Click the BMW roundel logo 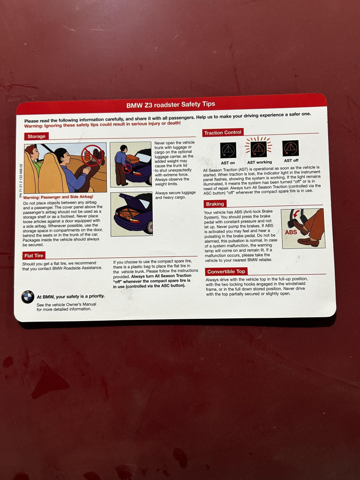[28, 297]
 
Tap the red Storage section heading [37, 136]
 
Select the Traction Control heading [223, 133]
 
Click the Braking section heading [215, 204]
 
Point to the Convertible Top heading [226, 271]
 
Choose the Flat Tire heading [34, 255]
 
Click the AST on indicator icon [228, 150]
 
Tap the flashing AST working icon [259, 149]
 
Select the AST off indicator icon [291, 148]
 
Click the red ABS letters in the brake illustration [291, 232]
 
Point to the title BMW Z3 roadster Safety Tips [171, 105]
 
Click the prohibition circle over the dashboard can [92, 155]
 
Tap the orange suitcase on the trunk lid [133, 158]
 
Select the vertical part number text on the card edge [21, 180]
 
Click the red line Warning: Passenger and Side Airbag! [58, 197]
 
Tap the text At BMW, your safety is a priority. [71, 296]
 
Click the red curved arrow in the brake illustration [296, 213]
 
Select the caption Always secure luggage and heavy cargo [175, 195]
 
